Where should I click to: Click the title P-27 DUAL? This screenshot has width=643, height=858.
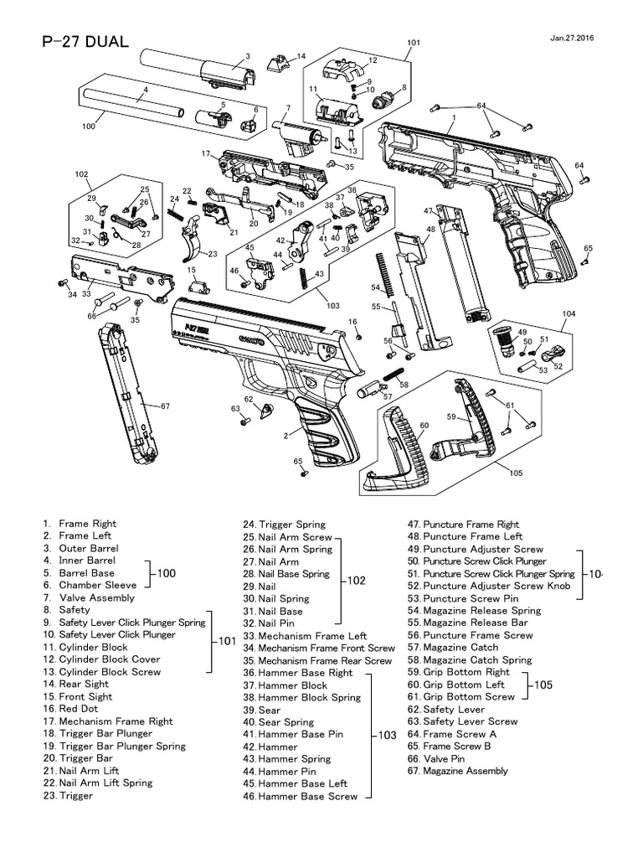coord(85,43)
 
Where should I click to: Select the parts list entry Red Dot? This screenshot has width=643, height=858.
coord(80,708)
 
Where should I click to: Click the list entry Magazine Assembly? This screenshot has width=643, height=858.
coord(465,771)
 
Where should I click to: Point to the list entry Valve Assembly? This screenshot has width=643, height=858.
coord(96,597)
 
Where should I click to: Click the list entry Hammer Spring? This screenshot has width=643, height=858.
coord(294,759)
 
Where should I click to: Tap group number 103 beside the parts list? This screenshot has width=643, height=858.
coord(386,735)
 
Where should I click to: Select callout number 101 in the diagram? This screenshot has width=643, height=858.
coord(414,42)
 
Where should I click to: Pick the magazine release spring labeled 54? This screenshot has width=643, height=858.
coord(382,268)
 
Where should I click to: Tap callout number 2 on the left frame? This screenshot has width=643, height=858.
coord(285,435)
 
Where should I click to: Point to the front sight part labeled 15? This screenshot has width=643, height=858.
coord(198,285)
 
